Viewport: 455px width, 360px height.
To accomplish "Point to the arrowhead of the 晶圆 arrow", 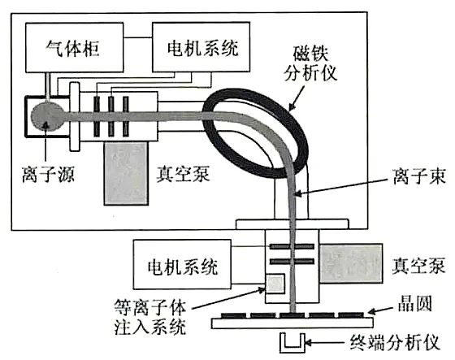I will (x=372, y=311).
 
